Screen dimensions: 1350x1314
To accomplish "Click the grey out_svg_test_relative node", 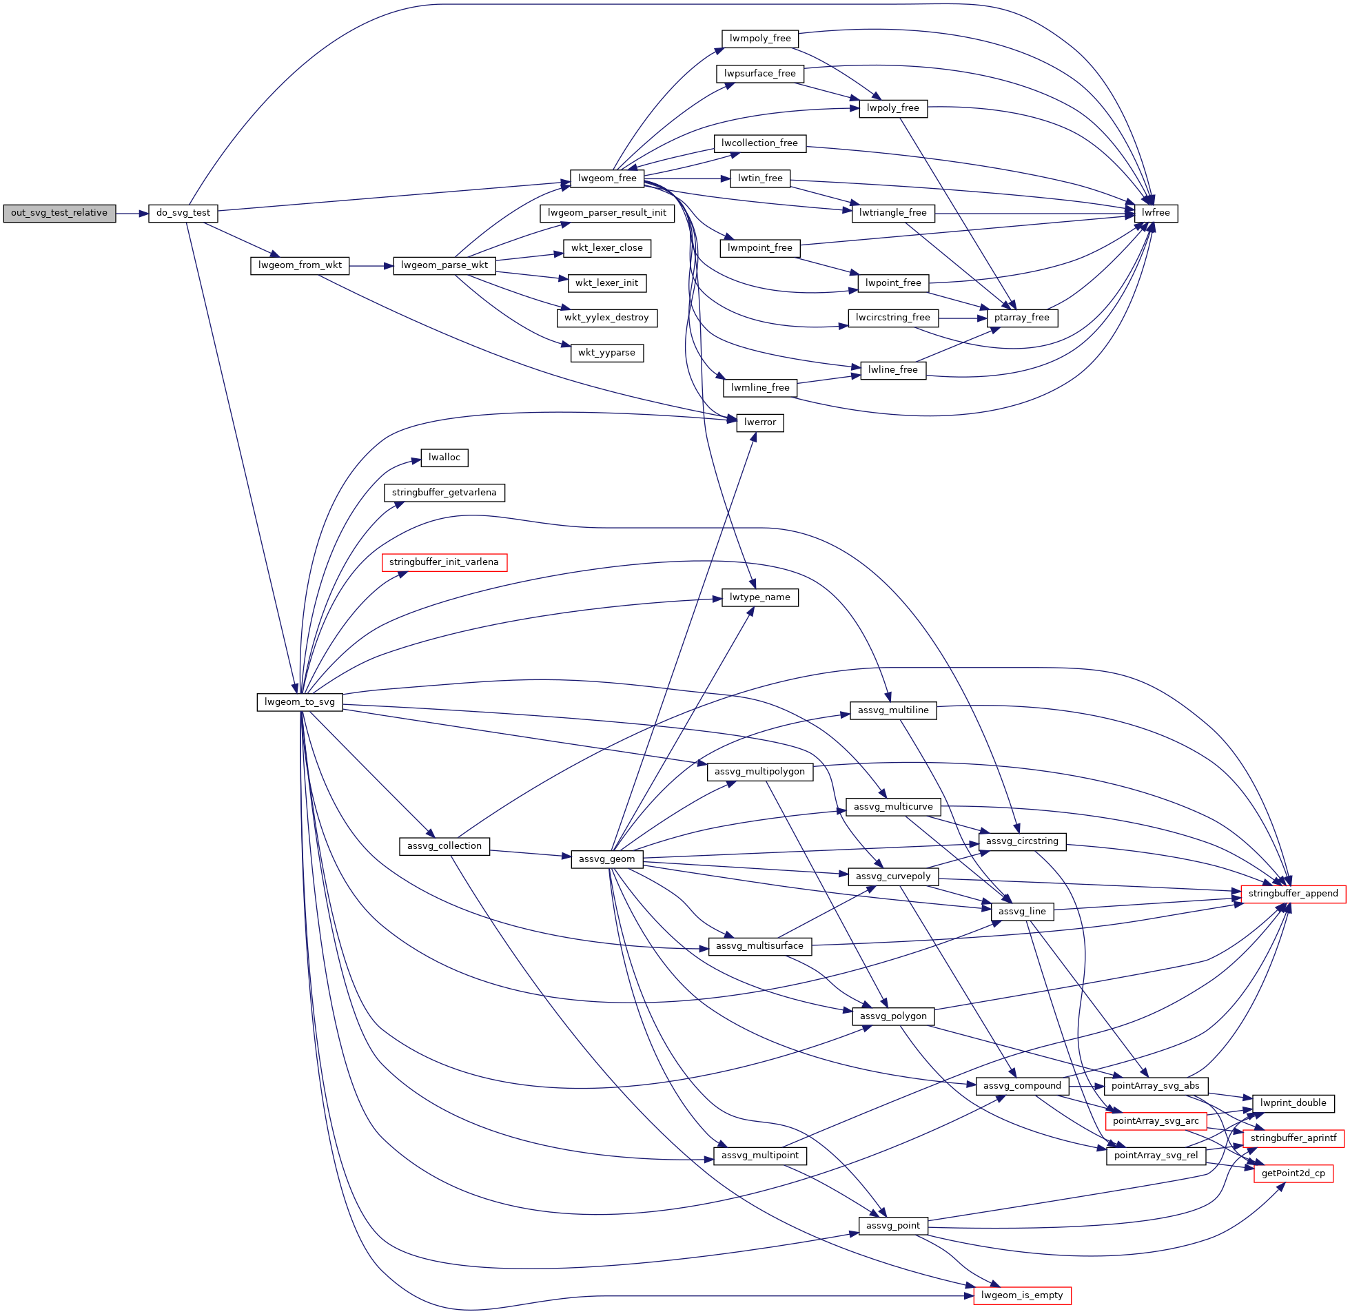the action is pos(59,213).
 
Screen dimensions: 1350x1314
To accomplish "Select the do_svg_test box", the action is pos(183,213).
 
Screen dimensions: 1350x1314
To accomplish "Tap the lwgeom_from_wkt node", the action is pos(300,266).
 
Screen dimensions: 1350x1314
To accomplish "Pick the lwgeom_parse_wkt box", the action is pos(444,266).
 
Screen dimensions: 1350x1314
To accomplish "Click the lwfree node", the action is pos(1156,213).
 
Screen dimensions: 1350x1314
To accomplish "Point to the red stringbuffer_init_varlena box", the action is pos(444,562).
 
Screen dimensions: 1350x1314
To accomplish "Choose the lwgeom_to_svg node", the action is pos(300,703).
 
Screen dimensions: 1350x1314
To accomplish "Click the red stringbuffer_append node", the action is pos(1293,894).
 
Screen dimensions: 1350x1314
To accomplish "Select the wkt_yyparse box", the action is pos(606,353).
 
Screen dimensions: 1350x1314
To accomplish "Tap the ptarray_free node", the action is pos(1021,318).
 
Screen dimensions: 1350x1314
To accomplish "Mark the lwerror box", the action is pos(760,423).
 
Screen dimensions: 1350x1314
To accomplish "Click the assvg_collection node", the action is pos(444,847).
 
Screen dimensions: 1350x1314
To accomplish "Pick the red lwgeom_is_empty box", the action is pos(1022,1296).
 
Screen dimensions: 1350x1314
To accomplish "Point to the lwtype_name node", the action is pos(760,597).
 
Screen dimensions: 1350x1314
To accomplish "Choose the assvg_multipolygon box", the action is pos(760,772).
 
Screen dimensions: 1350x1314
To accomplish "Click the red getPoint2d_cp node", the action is pos(1293,1174).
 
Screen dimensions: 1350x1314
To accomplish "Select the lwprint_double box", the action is pos(1293,1104).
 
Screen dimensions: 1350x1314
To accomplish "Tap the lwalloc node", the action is pos(444,458).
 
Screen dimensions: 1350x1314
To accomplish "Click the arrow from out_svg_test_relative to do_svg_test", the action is pos(132,214).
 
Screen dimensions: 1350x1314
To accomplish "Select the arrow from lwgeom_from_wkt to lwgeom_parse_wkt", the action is pos(371,267).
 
